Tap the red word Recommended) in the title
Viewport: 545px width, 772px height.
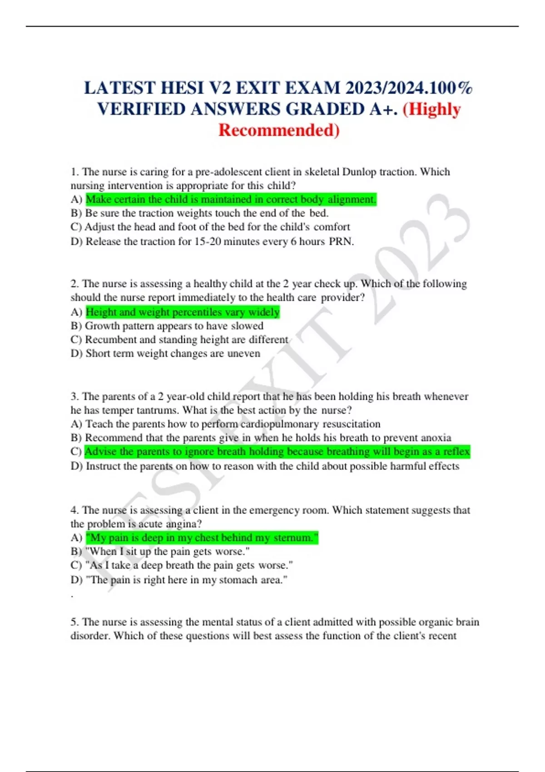click(x=279, y=130)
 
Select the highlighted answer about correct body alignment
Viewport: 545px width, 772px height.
click(x=231, y=199)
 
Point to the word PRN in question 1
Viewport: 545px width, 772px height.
click(x=341, y=242)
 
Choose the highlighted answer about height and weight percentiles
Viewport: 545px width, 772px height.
click(x=183, y=312)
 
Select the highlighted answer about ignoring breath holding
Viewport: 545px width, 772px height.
click(x=277, y=451)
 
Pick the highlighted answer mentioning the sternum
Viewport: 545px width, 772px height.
click(x=202, y=538)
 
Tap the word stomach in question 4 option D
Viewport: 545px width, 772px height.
click(x=238, y=580)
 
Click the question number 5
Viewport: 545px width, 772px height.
click(x=74, y=622)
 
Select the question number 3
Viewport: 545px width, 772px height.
click(x=74, y=396)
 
